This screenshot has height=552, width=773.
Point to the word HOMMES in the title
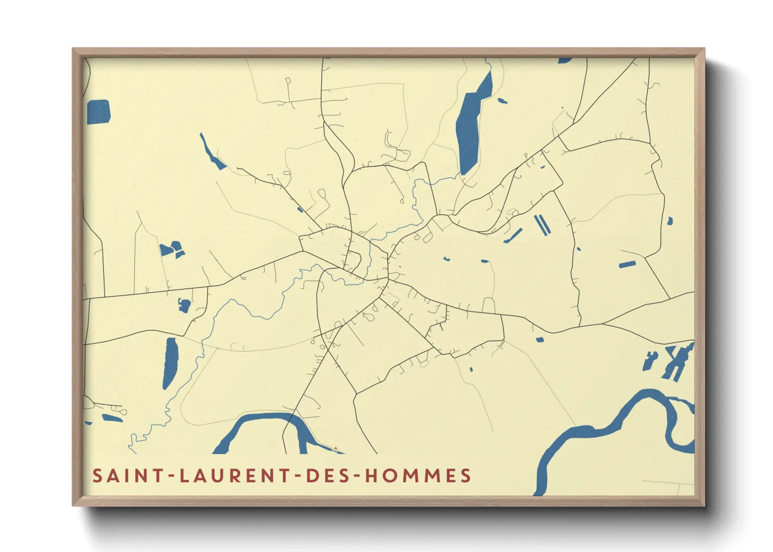[418, 476]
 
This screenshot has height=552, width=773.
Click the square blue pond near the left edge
[98, 112]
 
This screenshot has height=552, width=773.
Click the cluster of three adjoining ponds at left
[172, 249]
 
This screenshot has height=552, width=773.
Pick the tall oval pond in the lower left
[170, 363]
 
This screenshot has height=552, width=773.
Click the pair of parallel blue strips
[542, 224]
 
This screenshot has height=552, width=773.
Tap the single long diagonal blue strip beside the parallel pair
[513, 235]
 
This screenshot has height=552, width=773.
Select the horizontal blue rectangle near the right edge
[627, 265]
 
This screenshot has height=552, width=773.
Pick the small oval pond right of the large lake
[502, 100]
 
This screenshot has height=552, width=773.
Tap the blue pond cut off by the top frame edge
[565, 61]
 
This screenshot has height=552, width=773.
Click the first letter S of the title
[97, 476]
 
